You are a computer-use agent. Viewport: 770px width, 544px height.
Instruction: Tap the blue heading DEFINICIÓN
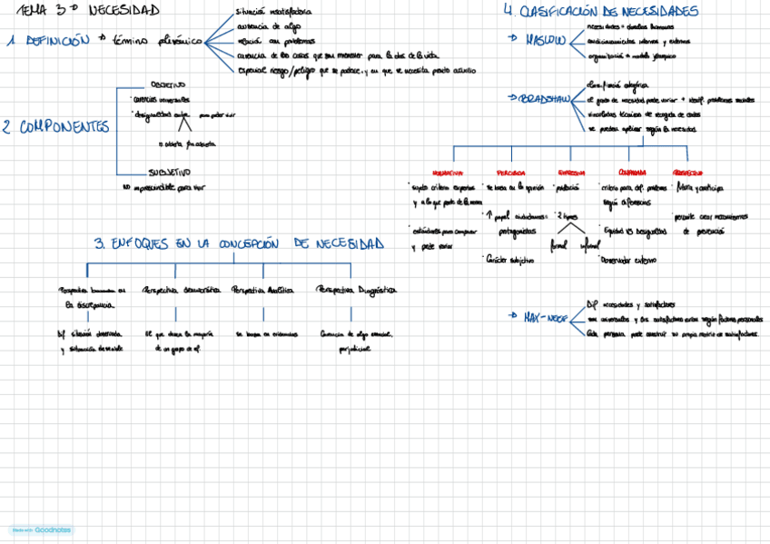57,41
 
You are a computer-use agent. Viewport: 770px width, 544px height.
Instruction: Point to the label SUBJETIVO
169,172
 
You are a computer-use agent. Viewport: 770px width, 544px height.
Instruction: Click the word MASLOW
546,41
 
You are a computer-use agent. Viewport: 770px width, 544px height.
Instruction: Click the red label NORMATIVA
448,172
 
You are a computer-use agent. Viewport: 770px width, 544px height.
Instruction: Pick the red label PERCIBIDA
510,172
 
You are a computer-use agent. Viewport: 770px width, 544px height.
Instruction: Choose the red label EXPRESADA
570,172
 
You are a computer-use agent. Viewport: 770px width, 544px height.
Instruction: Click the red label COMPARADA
631,172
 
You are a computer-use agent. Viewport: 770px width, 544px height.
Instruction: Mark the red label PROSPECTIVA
687,172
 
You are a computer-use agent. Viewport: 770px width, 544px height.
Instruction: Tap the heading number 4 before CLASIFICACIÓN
508,11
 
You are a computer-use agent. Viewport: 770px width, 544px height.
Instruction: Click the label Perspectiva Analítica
262,291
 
